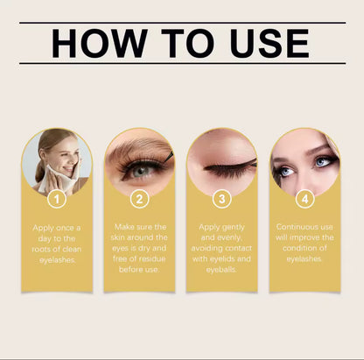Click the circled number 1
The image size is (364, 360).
point(58,199)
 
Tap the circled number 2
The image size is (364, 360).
point(140,199)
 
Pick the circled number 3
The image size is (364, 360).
point(222,199)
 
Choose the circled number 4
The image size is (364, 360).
point(304,199)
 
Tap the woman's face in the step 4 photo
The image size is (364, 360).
point(304,162)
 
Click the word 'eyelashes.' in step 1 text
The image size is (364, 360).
point(58,260)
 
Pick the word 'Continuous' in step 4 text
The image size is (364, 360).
point(294,226)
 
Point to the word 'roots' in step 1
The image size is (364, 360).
point(44,249)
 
